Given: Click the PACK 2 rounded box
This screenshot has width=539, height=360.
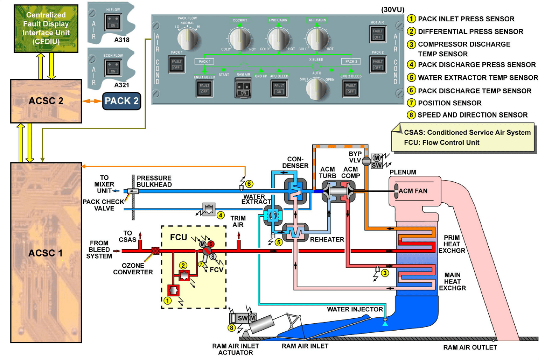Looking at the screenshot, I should click(x=121, y=101).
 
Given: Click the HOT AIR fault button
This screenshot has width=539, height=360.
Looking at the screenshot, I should click(x=378, y=34).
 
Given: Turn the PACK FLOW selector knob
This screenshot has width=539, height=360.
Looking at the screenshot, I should click(x=187, y=39).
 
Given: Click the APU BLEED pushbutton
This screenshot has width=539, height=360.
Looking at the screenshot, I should click(x=279, y=88).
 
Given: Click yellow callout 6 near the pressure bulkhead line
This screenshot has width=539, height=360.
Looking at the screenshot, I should click(x=249, y=184).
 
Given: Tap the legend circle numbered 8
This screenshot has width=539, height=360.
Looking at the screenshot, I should click(x=412, y=115).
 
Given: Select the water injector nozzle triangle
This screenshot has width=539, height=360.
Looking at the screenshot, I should click(x=385, y=324).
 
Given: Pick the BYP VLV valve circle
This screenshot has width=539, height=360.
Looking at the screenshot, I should click(x=366, y=161).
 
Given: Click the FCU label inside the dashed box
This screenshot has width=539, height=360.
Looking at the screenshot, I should click(x=179, y=236).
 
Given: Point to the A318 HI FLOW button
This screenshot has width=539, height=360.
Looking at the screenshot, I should click(x=112, y=21).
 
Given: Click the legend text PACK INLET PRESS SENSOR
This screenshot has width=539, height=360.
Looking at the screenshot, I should click(x=466, y=19).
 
